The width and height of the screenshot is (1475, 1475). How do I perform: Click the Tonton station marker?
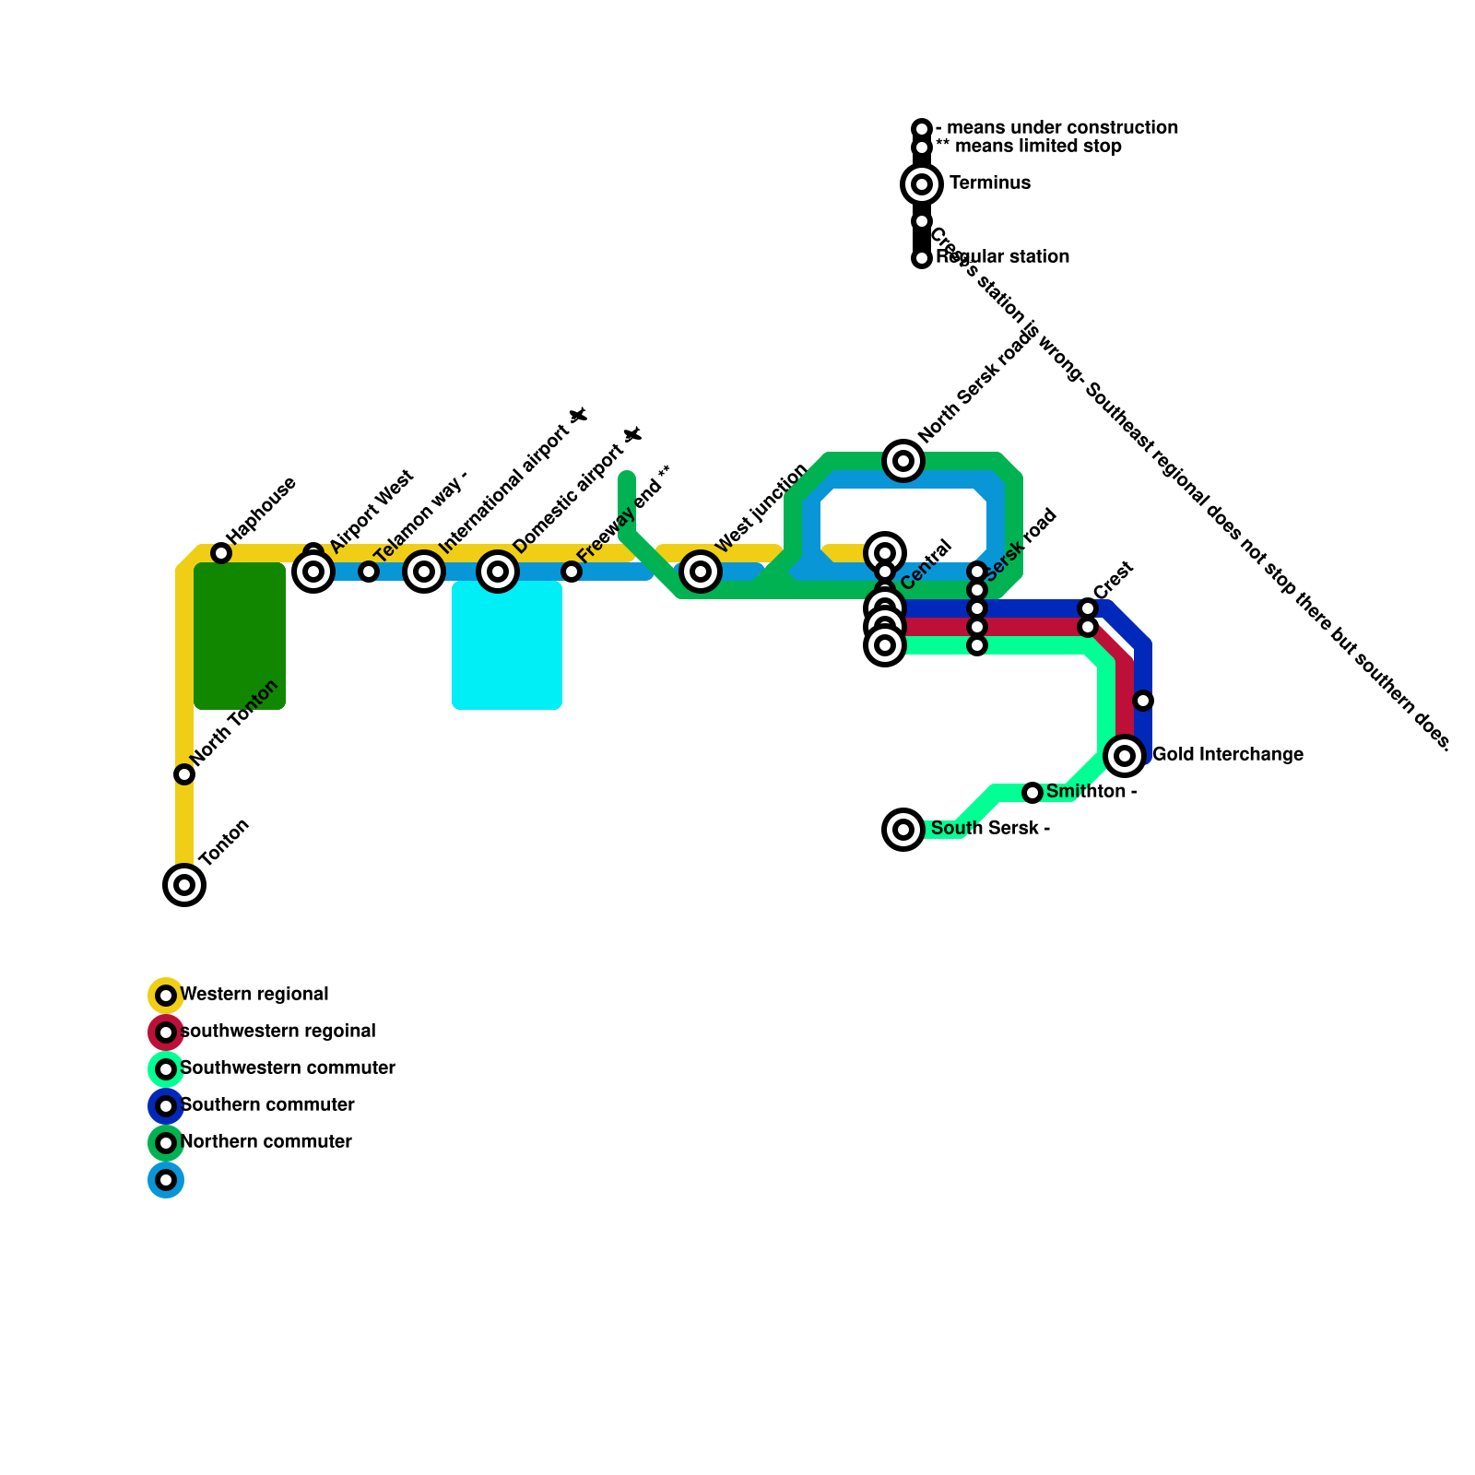coord(184,885)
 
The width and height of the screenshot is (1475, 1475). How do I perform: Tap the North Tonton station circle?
coord(184,774)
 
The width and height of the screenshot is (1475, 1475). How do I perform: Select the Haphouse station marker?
coord(221,553)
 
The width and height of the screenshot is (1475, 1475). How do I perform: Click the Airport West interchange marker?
coord(313,572)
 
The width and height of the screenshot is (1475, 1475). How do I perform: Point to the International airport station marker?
coord(424,572)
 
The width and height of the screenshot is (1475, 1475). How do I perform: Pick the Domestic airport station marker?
coord(498,572)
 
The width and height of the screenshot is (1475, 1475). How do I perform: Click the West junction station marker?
coord(701,572)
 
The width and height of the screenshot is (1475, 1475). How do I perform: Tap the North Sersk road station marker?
coord(903,461)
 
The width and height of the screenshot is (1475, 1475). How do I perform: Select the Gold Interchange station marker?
coord(1125,756)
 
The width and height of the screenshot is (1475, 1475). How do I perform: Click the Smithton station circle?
coord(1032,793)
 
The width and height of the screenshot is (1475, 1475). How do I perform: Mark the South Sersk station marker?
coord(903,830)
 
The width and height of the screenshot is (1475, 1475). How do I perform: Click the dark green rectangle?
coord(240,636)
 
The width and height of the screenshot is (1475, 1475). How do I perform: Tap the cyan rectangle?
coord(507,645)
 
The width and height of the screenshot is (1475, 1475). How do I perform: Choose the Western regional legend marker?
coord(166,996)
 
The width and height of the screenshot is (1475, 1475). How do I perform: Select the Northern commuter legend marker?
coord(166,1143)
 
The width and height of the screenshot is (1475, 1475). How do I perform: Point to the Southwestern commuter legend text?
coord(288,1068)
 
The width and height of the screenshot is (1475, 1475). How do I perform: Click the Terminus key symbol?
coord(922,184)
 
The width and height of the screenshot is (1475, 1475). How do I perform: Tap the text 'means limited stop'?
coord(1037,147)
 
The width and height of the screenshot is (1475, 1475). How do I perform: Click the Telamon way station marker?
coord(369,572)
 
